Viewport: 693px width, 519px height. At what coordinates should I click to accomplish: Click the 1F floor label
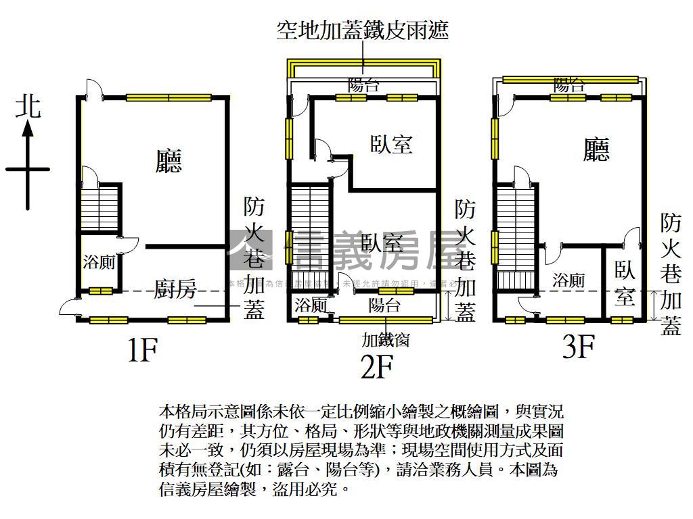142,350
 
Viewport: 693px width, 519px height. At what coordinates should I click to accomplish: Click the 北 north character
28,107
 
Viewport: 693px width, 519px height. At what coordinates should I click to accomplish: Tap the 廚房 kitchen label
175,291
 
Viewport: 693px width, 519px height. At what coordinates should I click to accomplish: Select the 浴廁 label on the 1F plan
99,262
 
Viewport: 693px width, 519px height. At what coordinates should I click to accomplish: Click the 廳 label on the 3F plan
596,149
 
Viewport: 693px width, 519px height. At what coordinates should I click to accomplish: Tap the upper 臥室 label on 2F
392,144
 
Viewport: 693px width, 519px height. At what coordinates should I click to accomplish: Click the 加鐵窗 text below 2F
385,339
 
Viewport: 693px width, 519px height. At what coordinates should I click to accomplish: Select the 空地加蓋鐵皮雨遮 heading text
363,30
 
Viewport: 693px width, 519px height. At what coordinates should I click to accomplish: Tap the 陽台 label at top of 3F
569,85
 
